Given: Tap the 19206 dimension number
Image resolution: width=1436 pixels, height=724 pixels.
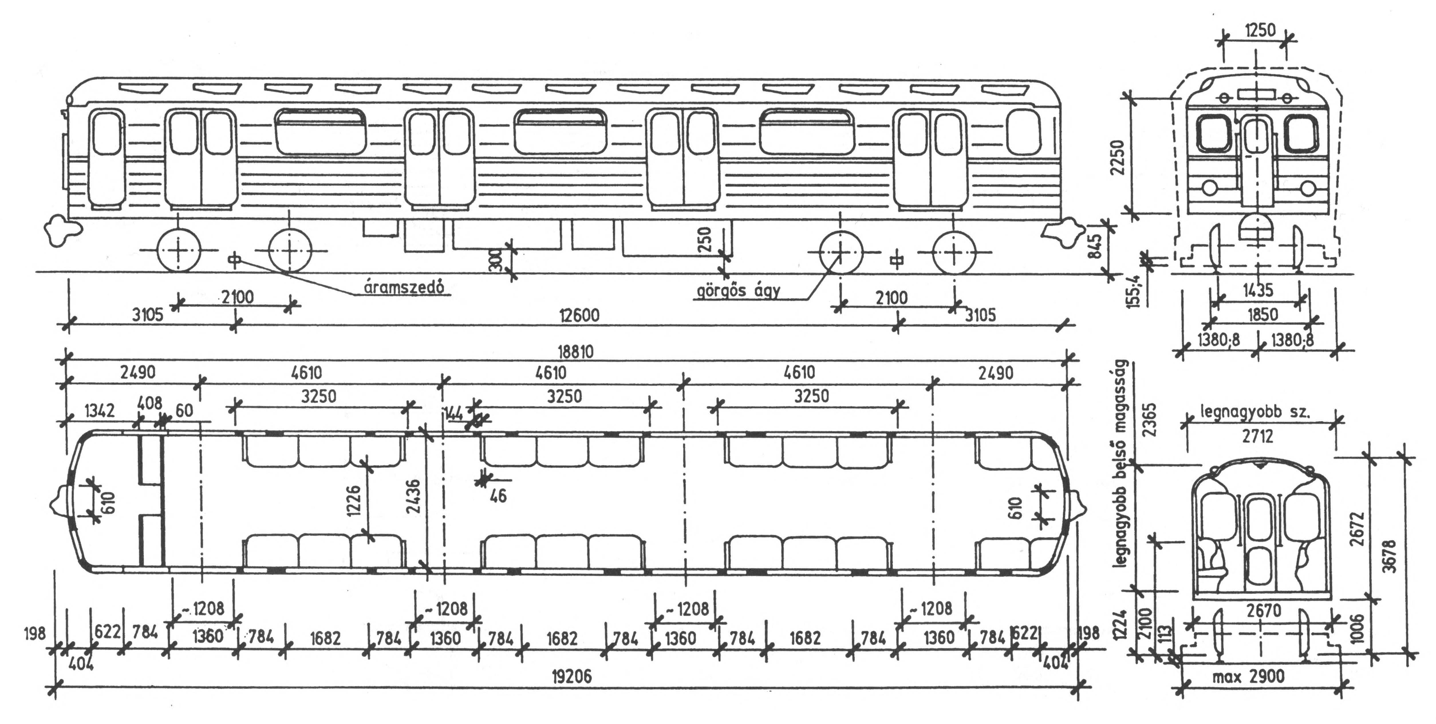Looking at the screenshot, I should pyautogui.click(x=571, y=676).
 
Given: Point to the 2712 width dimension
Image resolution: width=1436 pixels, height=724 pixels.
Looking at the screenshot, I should pyautogui.click(x=1258, y=436).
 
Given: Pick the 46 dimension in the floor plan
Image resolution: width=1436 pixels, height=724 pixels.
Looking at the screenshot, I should pyautogui.click(x=498, y=495).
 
